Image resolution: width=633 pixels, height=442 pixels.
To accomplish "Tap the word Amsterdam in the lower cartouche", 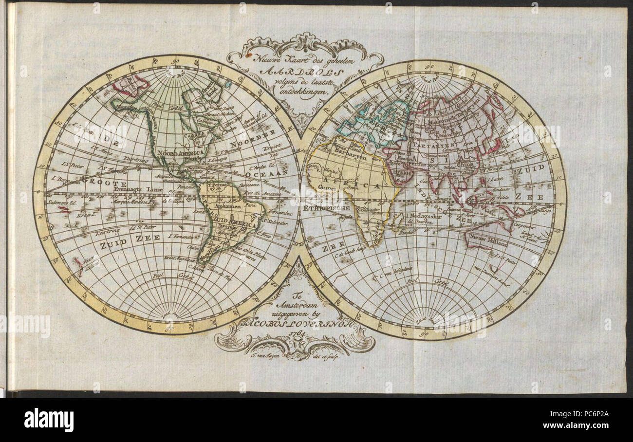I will [296, 304].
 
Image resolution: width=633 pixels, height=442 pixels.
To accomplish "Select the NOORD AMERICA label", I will [179, 152].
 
